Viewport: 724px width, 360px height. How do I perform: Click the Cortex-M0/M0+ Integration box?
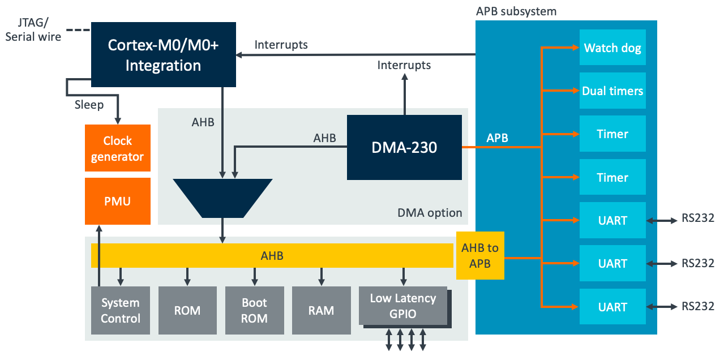click(163, 55)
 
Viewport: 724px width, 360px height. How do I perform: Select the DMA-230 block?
click(404, 148)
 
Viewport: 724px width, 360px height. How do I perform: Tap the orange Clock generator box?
click(118, 148)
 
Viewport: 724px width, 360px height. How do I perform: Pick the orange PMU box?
click(118, 201)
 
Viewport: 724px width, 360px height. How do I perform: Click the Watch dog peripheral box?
click(612, 48)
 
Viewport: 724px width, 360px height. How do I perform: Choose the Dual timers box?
click(612, 91)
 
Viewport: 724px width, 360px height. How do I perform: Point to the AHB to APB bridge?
click(480, 256)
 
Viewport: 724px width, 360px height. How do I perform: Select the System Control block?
click(120, 311)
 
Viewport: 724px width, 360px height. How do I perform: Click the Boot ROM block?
click(254, 311)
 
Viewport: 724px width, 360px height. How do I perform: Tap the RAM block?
click(321, 311)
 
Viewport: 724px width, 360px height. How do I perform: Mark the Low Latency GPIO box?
click(403, 306)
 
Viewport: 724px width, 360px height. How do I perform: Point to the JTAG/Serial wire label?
click(32, 29)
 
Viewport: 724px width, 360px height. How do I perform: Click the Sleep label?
click(89, 105)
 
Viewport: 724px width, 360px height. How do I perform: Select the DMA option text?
click(430, 213)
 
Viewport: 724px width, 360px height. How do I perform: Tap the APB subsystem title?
click(516, 11)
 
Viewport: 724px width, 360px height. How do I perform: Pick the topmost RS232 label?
click(698, 218)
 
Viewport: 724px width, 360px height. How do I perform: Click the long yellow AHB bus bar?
click(272, 256)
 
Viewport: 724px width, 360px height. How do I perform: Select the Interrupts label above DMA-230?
click(404, 65)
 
